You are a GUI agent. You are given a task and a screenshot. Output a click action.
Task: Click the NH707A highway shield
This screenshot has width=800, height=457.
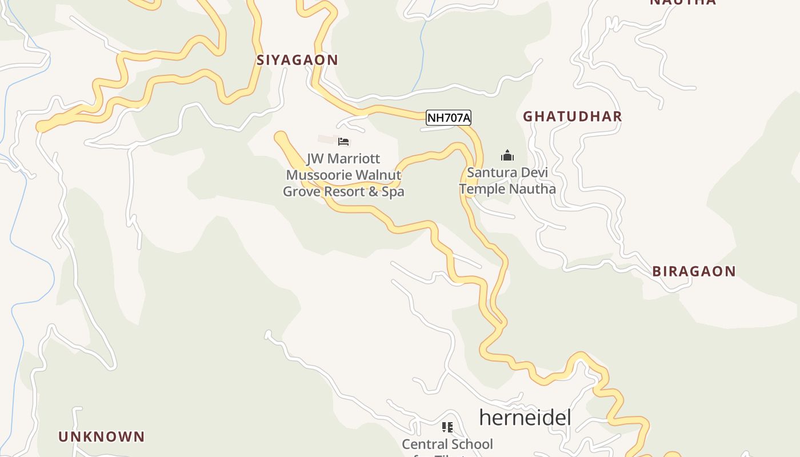(x=449, y=118)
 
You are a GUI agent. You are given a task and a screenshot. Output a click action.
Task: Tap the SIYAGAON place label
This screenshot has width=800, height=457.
(x=297, y=60)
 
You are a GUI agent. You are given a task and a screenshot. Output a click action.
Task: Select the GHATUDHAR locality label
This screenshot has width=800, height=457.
(x=573, y=117)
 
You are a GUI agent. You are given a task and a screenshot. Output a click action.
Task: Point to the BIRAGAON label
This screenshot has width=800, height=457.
(x=694, y=271)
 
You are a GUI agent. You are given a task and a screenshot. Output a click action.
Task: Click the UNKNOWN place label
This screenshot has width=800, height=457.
(x=102, y=437)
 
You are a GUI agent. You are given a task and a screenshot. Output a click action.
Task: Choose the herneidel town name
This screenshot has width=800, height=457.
(x=525, y=418)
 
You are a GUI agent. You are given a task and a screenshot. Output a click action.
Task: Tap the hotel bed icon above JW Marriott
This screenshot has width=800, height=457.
(x=343, y=142)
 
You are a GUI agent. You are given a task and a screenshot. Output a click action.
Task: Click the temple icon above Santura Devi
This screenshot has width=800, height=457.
(x=507, y=155)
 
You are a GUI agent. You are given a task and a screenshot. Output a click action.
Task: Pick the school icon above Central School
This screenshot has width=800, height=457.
(x=447, y=427)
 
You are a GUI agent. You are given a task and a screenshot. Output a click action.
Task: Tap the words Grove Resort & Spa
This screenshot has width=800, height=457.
(x=343, y=192)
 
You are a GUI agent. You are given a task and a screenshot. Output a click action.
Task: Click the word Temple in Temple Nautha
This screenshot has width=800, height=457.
(x=481, y=189)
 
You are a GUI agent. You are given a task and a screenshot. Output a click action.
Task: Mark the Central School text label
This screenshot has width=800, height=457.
(x=447, y=444)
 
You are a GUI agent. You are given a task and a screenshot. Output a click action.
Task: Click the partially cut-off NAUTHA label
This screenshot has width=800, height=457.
(x=683, y=2)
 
